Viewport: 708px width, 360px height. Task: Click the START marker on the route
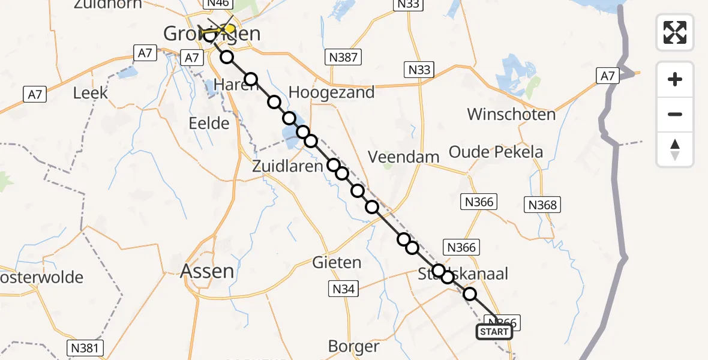(x=494, y=332)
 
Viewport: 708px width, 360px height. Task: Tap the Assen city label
(x=208, y=271)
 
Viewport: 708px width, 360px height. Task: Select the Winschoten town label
(x=511, y=114)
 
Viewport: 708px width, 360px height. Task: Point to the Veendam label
(x=403, y=157)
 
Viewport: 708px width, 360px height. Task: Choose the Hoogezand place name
(x=331, y=92)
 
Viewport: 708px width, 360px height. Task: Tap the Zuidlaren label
(x=287, y=167)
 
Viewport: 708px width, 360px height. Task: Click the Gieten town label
(x=337, y=262)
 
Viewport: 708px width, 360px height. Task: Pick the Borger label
(x=353, y=346)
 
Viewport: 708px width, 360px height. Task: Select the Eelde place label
(x=209, y=124)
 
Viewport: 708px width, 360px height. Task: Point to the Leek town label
(x=91, y=93)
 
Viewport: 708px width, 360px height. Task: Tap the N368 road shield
(x=542, y=205)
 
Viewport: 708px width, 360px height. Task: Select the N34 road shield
(x=344, y=290)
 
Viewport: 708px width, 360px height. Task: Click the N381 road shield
(x=86, y=347)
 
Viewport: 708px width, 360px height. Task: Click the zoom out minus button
(x=675, y=114)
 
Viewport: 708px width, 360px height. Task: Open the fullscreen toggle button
(x=675, y=32)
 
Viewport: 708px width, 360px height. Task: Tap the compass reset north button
(x=675, y=149)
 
